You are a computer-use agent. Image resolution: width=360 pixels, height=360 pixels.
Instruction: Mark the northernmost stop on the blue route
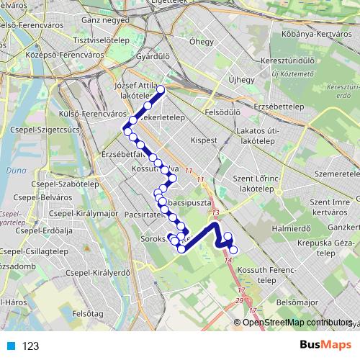pyautogui.click(x=161, y=89)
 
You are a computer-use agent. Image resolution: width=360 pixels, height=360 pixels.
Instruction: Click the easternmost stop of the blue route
pyautogui.click(x=233, y=249)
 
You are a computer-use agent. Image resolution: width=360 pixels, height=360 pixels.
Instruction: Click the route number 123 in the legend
pyautogui.click(x=31, y=346)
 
